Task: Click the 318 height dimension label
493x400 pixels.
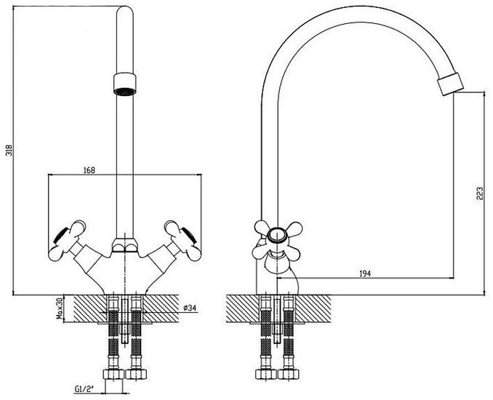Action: coord(9,151)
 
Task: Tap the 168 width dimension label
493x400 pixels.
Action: coord(89,170)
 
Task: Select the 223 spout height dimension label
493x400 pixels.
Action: coord(479,195)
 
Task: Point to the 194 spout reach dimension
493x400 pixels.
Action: coord(365,273)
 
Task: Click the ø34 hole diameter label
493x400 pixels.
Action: coord(190,308)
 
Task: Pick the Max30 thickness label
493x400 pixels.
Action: coord(59,309)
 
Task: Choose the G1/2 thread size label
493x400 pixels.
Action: coord(84,389)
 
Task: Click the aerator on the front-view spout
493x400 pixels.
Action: coord(124,84)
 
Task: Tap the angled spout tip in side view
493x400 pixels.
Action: coord(450,84)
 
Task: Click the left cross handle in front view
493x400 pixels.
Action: coord(68,241)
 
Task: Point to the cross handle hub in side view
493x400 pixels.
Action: coord(277,236)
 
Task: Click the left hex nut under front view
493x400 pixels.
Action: coord(113,375)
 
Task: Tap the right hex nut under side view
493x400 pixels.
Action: coord(289,375)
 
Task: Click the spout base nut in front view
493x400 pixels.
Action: coord(125,245)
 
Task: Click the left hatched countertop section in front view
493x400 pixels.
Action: coord(89,308)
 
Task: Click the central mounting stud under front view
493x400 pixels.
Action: coord(125,319)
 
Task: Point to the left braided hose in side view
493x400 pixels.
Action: coord(265,333)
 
